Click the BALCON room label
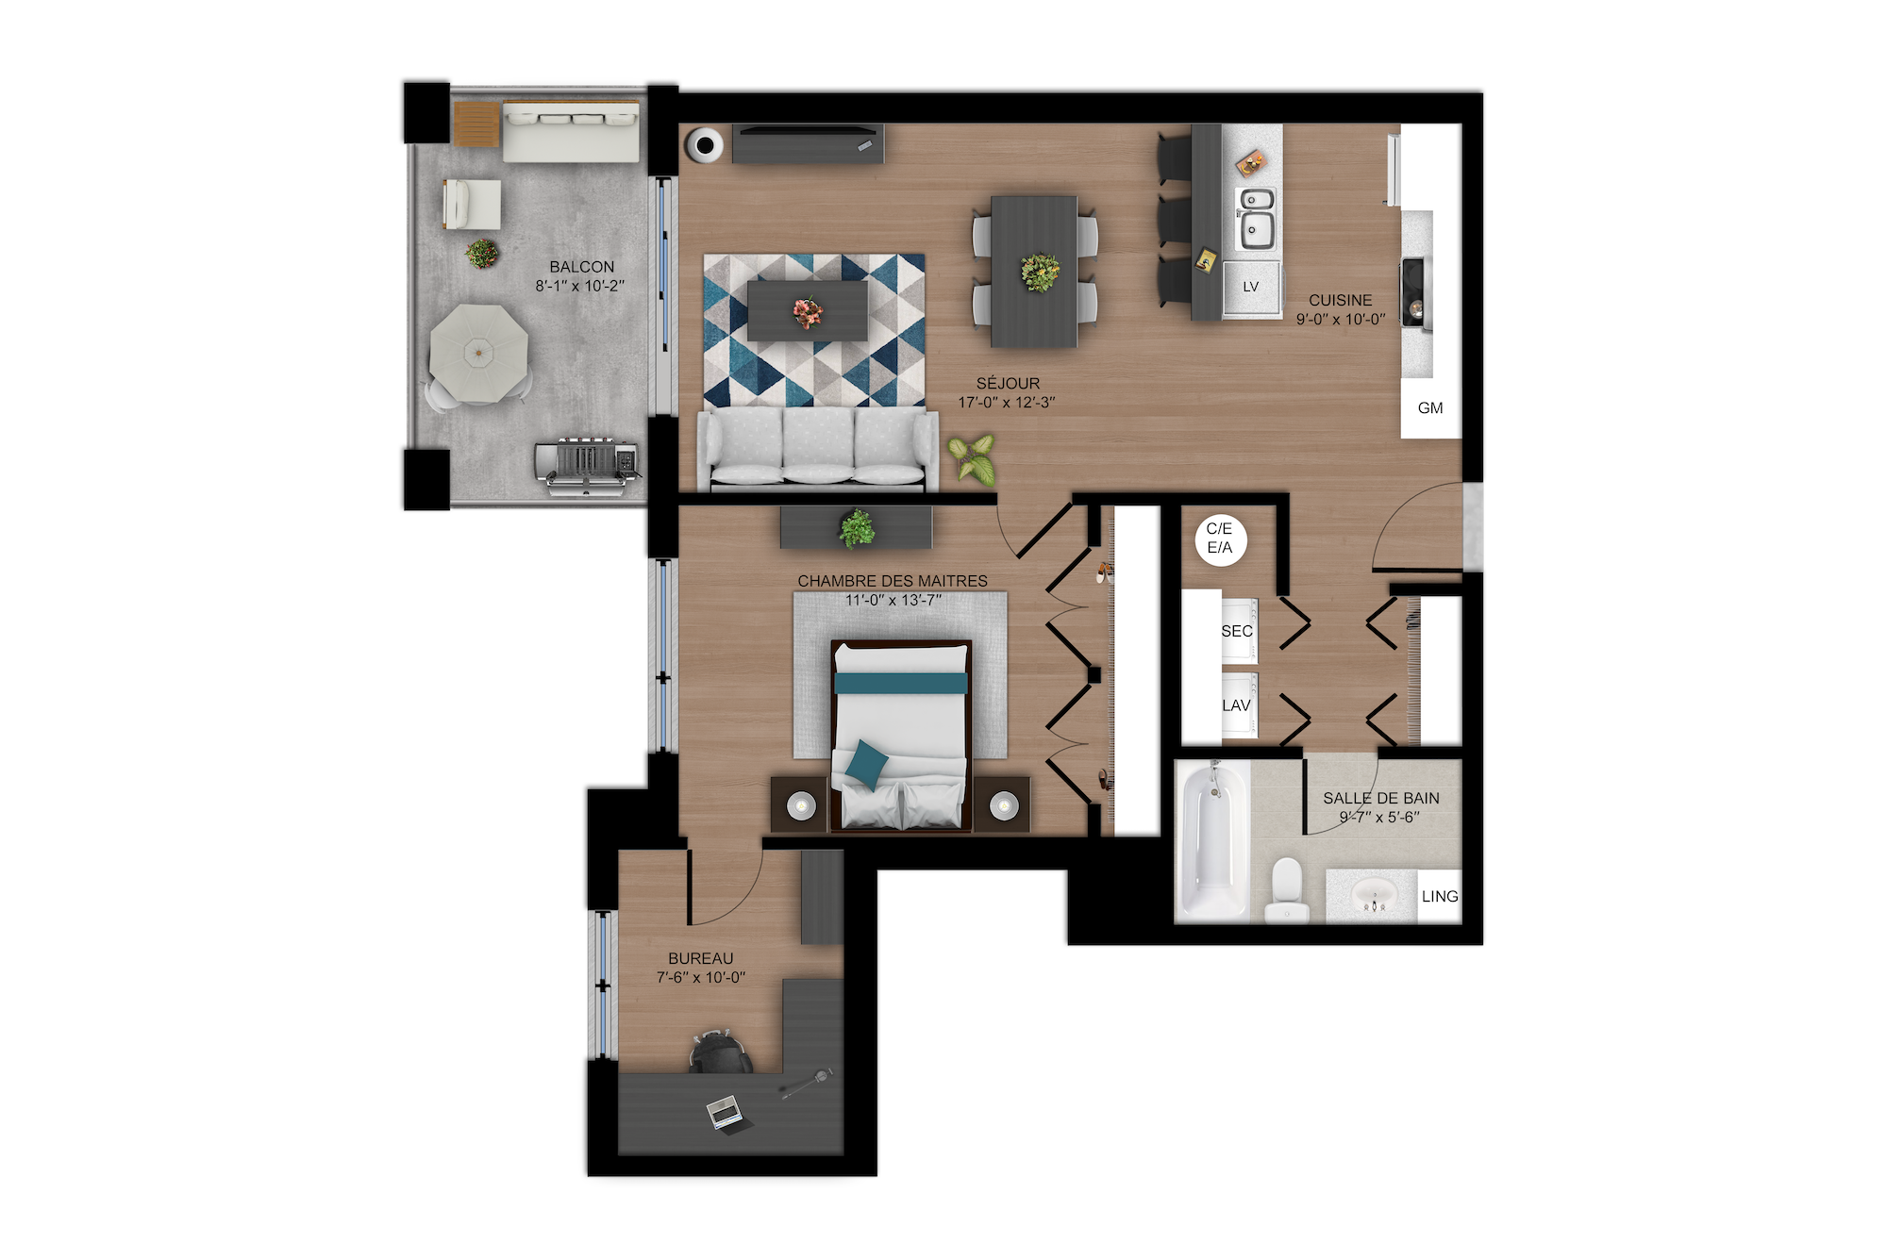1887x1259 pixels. pyautogui.click(x=582, y=267)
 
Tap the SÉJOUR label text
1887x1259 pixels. pyautogui.click(x=1008, y=383)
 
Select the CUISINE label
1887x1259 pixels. pyautogui.click(x=1340, y=300)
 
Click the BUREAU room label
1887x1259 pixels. pyautogui.click(x=700, y=958)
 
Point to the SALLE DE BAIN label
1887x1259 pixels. pyautogui.click(x=1381, y=798)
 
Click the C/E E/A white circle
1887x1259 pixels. pyautogui.click(x=1220, y=539)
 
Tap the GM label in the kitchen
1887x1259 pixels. pyautogui.click(x=1430, y=408)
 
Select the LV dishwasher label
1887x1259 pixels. pyautogui.click(x=1251, y=287)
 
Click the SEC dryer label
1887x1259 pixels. pyautogui.click(x=1237, y=631)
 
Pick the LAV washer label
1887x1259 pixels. pyautogui.click(x=1236, y=705)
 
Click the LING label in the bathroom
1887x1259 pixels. pyautogui.click(x=1440, y=896)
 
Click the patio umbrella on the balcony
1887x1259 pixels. pyautogui.click(x=479, y=354)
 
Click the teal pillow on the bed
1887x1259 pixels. pyautogui.click(x=865, y=763)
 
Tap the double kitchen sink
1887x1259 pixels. pyautogui.click(x=1258, y=219)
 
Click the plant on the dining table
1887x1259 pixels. pyautogui.click(x=1040, y=273)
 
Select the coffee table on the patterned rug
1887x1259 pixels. pyautogui.click(x=808, y=310)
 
